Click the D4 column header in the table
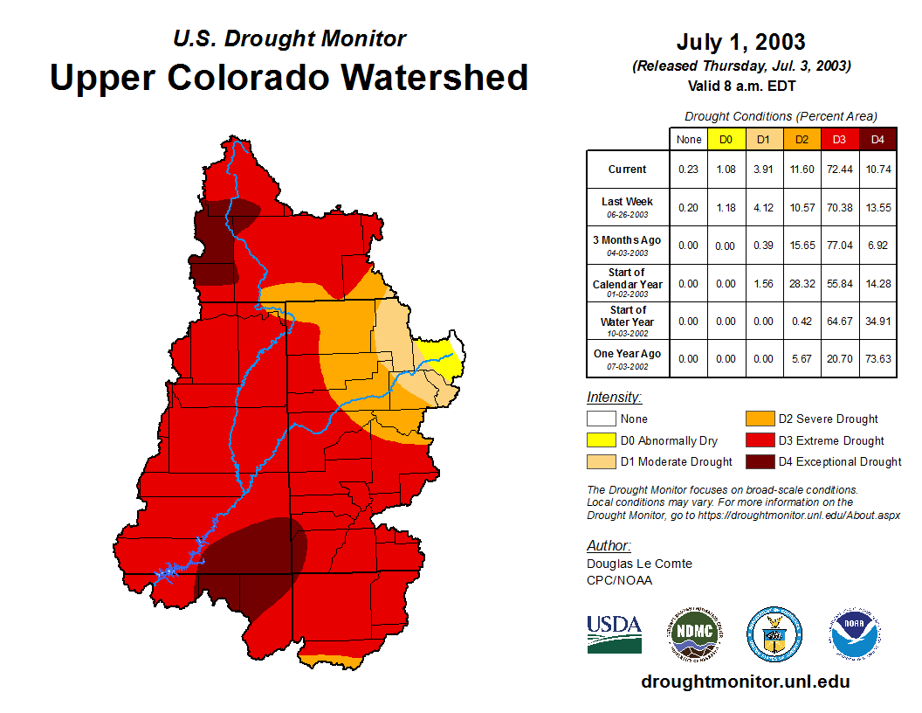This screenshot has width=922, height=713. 878,139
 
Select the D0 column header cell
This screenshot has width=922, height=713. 726,139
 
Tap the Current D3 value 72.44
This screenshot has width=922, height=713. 840,170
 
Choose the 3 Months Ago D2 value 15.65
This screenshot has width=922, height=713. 802,246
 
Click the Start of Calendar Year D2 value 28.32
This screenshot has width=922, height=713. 802,283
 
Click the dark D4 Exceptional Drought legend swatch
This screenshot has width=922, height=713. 759,461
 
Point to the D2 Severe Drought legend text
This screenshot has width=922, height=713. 828,419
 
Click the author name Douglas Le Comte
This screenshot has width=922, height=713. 639,564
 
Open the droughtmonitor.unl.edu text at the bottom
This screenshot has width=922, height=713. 745,682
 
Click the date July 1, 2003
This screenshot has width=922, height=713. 740,42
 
